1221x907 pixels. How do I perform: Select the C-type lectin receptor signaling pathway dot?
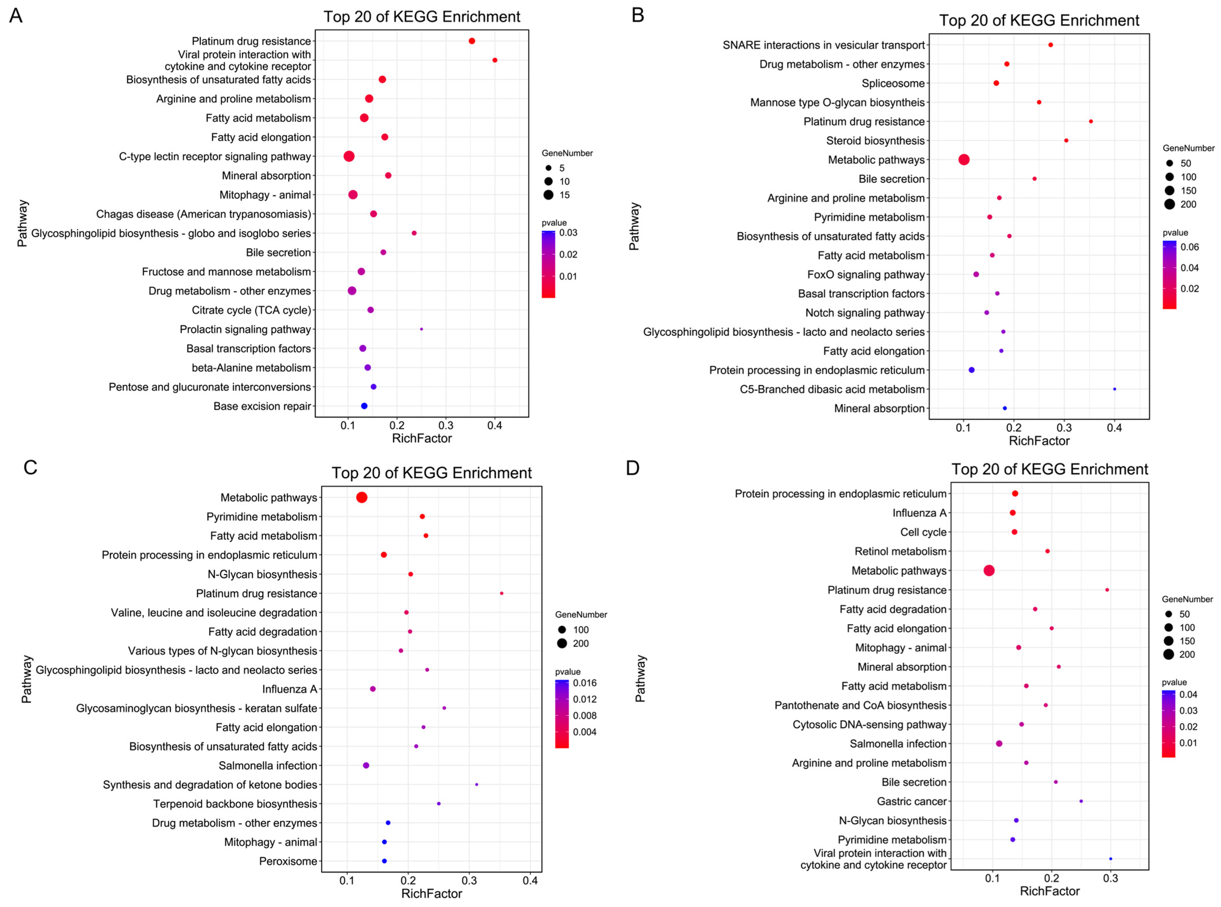(349, 156)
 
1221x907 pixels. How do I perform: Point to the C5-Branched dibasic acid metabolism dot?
(1115, 389)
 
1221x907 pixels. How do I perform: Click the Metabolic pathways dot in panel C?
(361, 497)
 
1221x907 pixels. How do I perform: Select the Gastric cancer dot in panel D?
(1081, 801)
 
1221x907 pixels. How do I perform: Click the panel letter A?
(16, 15)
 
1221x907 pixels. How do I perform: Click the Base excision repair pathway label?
(262, 406)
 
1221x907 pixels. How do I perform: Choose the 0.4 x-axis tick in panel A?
(495, 425)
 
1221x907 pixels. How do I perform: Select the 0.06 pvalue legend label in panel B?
(1189, 247)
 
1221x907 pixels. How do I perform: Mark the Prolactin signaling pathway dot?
(421, 329)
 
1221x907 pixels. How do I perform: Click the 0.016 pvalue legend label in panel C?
(585, 683)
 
